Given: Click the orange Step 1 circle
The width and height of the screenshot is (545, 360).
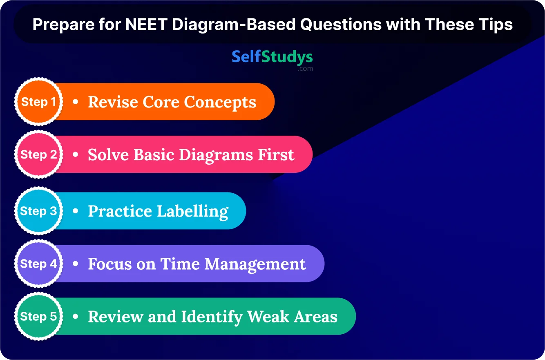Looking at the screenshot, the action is click(x=38, y=101).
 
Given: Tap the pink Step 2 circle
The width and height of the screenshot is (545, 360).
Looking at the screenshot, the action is click(x=38, y=154).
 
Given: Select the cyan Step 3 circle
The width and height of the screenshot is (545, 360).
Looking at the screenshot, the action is click(x=38, y=211).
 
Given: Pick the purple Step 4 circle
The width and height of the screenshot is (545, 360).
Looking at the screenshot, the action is click(x=38, y=264).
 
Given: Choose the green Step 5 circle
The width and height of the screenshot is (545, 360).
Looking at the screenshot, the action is click(x=38, y=316).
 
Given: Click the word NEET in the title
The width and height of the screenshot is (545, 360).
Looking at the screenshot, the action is click(x=146, y=25).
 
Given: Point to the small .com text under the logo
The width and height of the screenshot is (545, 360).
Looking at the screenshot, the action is click(x=306, y=69).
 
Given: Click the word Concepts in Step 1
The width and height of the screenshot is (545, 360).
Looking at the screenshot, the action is click(x=220, y=103).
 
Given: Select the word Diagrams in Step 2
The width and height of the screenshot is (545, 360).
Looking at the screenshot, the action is click(x=216, y=155).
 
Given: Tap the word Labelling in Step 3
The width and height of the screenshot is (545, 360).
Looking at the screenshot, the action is click(x=192, y=212).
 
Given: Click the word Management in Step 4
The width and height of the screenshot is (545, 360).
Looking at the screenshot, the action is click(x=255, y=264).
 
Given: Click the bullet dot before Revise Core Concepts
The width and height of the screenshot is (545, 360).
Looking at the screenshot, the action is click(x=76, y=101).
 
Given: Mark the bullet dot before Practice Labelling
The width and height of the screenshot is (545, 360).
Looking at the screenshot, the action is click(x=76, y=211).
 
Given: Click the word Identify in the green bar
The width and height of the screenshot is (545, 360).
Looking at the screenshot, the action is click(x=212, y=318).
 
